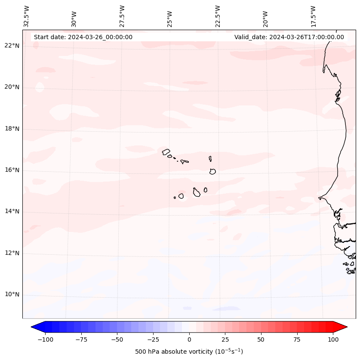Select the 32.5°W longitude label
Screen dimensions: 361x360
coord(27,16)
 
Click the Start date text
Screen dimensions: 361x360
coord(83,37)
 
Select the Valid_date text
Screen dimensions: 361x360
coord(289,37)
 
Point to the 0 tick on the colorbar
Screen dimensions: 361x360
coord(189,339)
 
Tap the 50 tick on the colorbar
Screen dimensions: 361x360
coord(261,339)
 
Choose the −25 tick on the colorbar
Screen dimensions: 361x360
coord(153,339)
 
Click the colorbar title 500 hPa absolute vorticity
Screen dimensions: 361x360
coord(189,352)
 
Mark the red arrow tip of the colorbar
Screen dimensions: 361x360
coord(345,327)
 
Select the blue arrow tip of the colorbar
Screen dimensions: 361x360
coord(34,327)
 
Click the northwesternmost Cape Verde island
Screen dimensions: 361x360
coord(166,151)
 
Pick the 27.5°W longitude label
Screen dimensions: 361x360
coord(122,16)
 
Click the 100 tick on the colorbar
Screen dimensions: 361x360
coord(333,339)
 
